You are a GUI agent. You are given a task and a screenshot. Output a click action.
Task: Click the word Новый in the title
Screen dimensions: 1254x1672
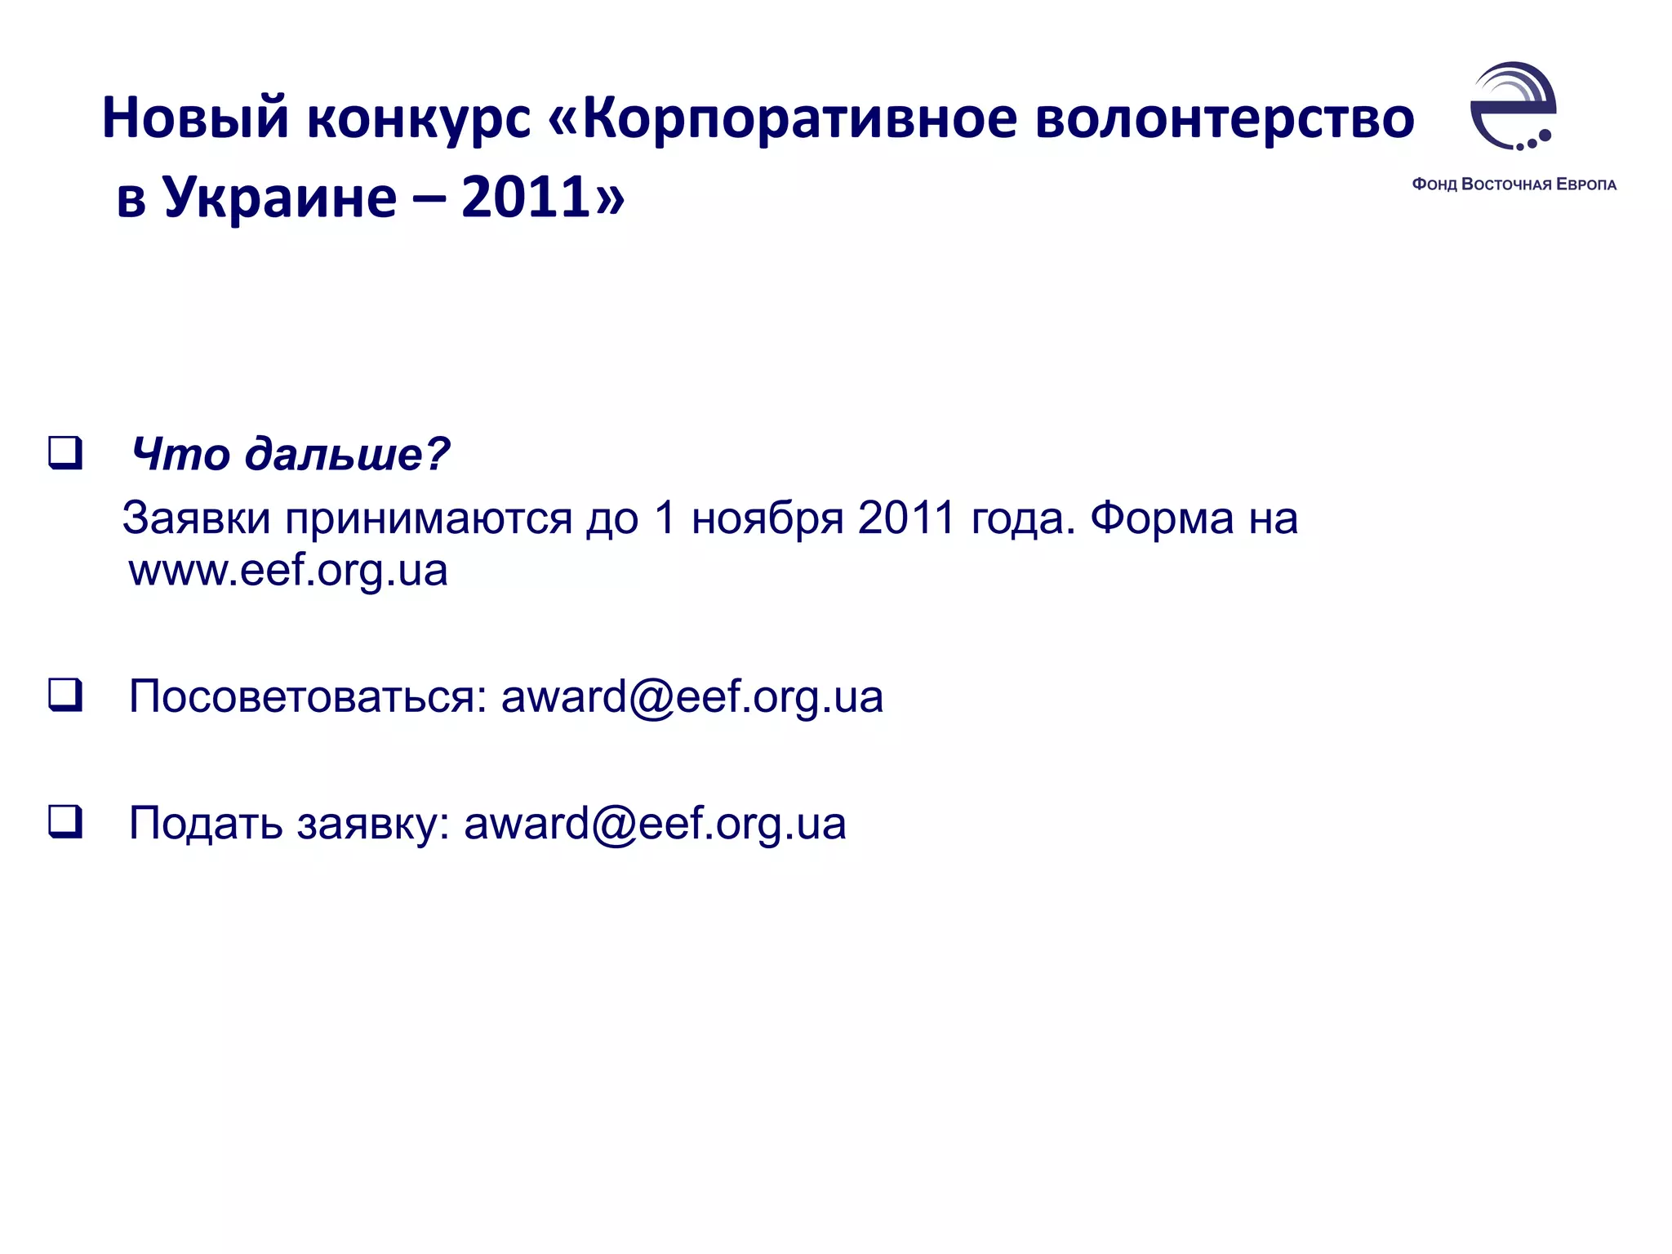pyautogui.click(x=195, y=118)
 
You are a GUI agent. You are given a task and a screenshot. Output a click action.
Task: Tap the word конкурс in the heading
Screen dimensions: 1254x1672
pyautogui.click(x=419, y=118)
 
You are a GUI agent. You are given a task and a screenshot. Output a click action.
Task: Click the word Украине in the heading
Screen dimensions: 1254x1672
pyautogui.click(x=280, y=198)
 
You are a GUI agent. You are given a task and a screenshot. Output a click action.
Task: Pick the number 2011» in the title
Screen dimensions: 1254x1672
pyautogui.click(x=543, y=198)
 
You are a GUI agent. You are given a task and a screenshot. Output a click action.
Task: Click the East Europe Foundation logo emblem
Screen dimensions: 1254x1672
pyautogui.click(x=1513, y=106)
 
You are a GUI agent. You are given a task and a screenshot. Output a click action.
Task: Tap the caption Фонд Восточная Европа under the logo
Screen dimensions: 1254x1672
pyautogui.click(x=1514, y=185)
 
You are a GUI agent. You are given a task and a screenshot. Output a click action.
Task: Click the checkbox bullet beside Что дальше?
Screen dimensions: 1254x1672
pyautogui.click(x=65, y=453)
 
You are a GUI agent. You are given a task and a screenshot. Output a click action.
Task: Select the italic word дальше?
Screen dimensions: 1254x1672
pyautogui.click(x=348, y=454)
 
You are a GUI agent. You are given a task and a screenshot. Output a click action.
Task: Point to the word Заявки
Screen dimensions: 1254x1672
pyautogui.click(x=196, y=518)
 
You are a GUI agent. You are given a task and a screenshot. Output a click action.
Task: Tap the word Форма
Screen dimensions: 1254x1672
pyautogui.click(x=1162, y=518)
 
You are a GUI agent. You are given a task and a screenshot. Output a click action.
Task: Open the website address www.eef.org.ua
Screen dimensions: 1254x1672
pyautogui.click(x=288, y=571)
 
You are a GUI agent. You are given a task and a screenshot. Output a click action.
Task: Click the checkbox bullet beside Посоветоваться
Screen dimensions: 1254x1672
pyautogui.click(x=65, y=696)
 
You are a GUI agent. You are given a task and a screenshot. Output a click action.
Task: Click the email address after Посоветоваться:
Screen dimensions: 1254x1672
pyautogui.click(x=691, y=697)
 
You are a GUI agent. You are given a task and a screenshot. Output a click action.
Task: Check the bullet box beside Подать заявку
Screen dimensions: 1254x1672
pyautogui.click(x=65, y=821)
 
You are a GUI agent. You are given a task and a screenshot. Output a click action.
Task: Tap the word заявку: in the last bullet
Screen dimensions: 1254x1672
pyautogui.click(x=373, y=824)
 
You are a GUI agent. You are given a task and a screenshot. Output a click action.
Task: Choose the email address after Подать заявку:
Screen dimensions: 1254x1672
pyautogui.click(x=655, y=824)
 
